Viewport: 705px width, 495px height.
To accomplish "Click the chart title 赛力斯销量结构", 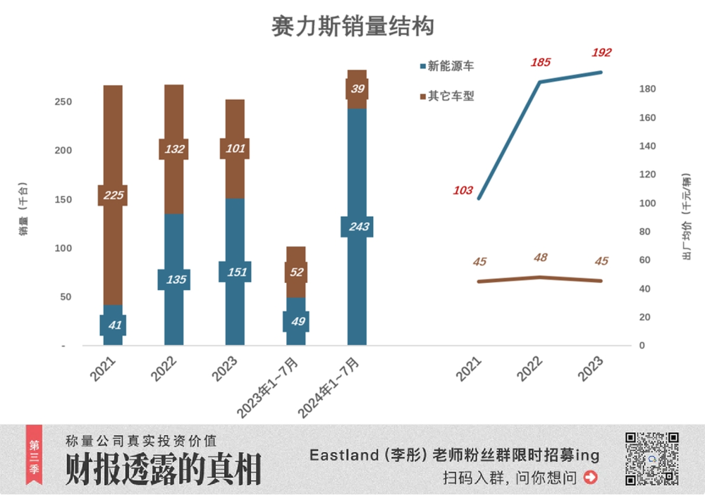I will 352,27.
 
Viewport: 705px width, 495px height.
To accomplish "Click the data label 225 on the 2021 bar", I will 113,195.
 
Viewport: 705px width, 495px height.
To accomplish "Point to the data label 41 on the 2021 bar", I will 113,325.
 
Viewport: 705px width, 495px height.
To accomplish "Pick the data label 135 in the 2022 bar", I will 176,280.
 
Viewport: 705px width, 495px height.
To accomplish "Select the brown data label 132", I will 174,149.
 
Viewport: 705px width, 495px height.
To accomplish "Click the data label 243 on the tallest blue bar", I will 357,226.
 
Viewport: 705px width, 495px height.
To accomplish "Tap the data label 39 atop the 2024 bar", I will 357,89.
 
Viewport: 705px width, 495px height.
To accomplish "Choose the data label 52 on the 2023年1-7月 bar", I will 296,272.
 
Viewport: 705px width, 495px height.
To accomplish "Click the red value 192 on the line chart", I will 601,52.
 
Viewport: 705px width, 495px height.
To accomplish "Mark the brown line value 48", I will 540,257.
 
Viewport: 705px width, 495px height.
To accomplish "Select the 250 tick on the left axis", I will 63,102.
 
